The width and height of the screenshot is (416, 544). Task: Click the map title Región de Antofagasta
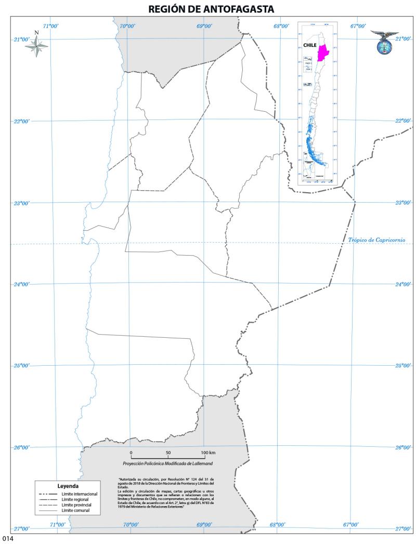(x=211, y=8)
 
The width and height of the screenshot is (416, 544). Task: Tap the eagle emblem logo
(x=384, y=42)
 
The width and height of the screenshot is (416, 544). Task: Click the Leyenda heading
(x=68, y=486)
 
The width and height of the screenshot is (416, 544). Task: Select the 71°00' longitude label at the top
(x=50, y=26)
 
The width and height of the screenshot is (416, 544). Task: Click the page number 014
(x=6, y=539)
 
